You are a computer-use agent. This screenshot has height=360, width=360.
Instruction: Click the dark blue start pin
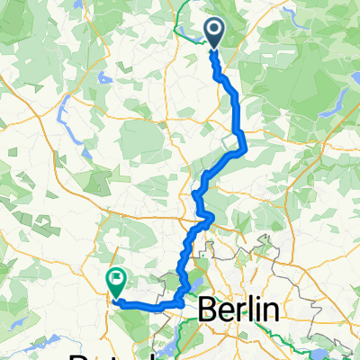(216, 33)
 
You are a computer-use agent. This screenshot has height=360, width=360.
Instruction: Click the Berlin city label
(237, 310)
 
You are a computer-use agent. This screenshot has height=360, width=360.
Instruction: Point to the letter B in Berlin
(206, 310)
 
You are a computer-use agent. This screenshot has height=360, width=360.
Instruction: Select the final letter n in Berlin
(267, 310)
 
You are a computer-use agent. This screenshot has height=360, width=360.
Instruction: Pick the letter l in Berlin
(244, 310)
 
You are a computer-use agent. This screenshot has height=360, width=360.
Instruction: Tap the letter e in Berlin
(222, 311)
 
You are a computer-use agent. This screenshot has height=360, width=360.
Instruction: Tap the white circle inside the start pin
(216, 30)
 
